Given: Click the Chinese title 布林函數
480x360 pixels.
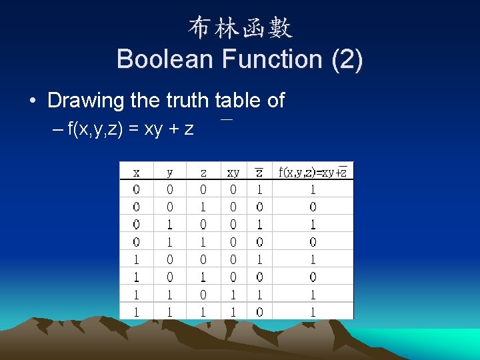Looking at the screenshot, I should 240,28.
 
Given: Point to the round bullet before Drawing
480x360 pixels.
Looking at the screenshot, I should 33,101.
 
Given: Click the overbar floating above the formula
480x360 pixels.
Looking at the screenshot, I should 227,119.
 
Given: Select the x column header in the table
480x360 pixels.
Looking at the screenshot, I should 136,172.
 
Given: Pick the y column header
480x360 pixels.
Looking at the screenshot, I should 169,172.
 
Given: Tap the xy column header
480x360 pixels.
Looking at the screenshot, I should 233,172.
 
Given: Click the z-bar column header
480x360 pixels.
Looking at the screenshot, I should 259,172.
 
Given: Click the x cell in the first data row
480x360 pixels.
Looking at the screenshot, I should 136,189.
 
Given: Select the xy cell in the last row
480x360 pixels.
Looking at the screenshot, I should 233,311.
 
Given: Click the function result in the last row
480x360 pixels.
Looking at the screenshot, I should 313,311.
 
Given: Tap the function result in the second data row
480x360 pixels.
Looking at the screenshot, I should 313,207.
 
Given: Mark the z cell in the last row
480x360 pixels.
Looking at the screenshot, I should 203,311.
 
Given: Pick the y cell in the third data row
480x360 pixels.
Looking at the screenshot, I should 169,224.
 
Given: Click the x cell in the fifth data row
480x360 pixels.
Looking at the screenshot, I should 136,259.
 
